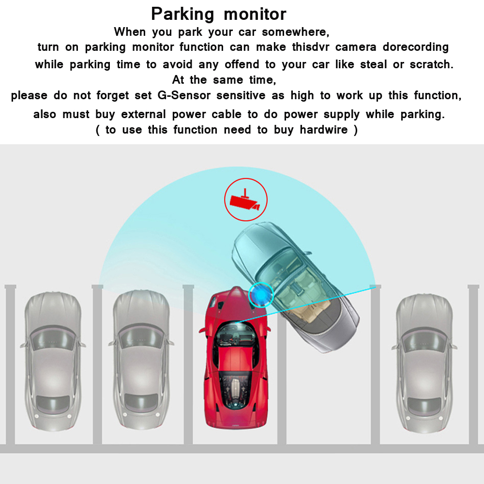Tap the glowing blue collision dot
[261, 295]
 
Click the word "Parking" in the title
[182, 15]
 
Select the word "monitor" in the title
[255, 15]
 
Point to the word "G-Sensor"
[184, 95]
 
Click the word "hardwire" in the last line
[323, 130]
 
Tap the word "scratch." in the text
[432, 64]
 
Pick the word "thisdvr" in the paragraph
[311, 47]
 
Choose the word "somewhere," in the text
[295, 32]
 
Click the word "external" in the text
[144, 114]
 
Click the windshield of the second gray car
[141, 336]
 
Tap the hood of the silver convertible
[256, 239]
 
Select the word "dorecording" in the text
[415, 47]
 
